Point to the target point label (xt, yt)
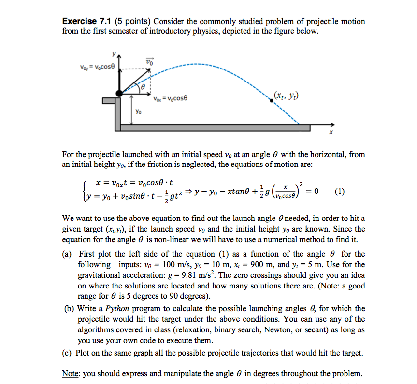(286, 96)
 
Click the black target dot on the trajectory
(272, 100)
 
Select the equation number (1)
(340, 191)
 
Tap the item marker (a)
(68, 254)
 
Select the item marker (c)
(68, 353)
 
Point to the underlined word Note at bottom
(71, 374)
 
